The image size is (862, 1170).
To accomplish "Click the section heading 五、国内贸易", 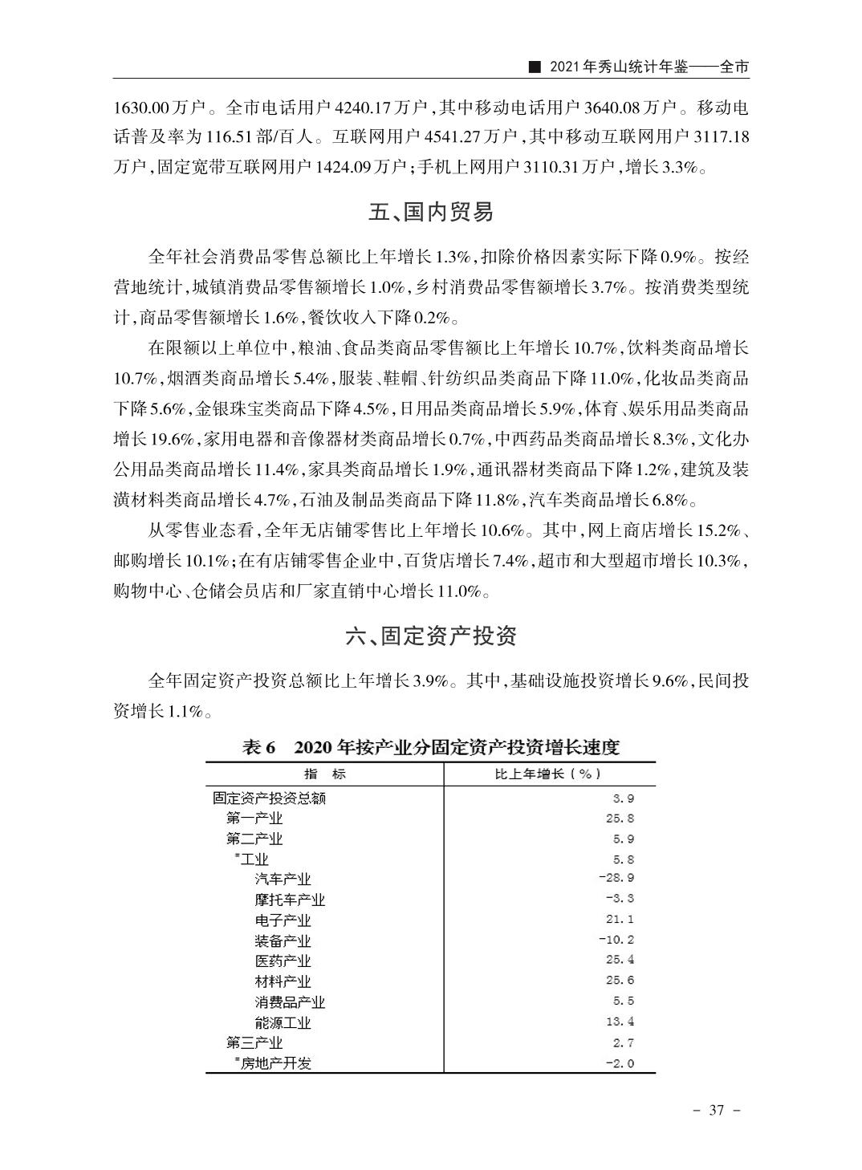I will click(431, 213).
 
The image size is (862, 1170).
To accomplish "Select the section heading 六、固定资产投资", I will click(431, 636).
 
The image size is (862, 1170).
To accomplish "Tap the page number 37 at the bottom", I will click(717, 1110).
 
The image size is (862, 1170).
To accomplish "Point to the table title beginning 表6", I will click(431, 748).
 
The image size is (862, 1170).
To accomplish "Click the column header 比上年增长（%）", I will click(547, 774).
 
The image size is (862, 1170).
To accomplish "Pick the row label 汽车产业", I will click(283, 880).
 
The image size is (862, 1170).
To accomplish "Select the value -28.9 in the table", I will click(616, 878).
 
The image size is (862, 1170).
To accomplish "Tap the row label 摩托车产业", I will click(290, 900).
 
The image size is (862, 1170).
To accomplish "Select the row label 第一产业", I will click(254, 819).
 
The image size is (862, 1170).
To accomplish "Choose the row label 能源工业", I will click(283, 1022).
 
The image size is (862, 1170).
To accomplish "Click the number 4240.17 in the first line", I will click(361, 108).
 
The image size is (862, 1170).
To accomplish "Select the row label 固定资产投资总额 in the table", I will click(269, 798).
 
